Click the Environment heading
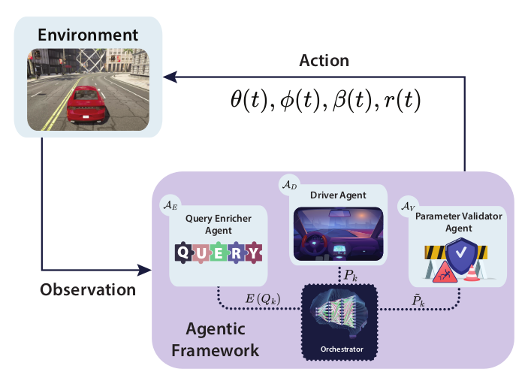point(89,35)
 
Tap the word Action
point(324,59)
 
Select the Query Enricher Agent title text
point(218,224)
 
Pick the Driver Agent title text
point(337,195)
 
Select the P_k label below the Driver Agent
point(351,276)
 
